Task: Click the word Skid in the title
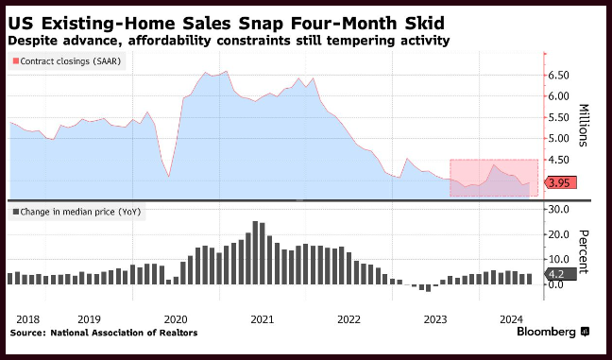coord(426,24)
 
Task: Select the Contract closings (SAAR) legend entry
coord(67,61)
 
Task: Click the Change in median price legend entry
coord(76,212)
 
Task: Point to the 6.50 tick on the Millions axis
coord(558,76)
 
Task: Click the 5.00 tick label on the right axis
coord(558,139)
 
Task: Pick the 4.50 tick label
coord(558,160)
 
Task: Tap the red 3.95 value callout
coord(560,182)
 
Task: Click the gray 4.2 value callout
coord(560,274)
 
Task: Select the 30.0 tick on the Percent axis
coord(558,209)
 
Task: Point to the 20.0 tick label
coord(558,234)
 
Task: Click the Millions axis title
coord(583,125)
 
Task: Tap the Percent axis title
coord(583,252)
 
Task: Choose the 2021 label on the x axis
coord(263,319)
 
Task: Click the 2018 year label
coord(28,319)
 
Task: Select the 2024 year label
coord(511,319)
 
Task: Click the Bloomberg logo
coord(553,332)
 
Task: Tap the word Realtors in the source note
coord(180,333)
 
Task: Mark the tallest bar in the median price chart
coord(255,252)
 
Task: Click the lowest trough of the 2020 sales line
coord(169,177)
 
